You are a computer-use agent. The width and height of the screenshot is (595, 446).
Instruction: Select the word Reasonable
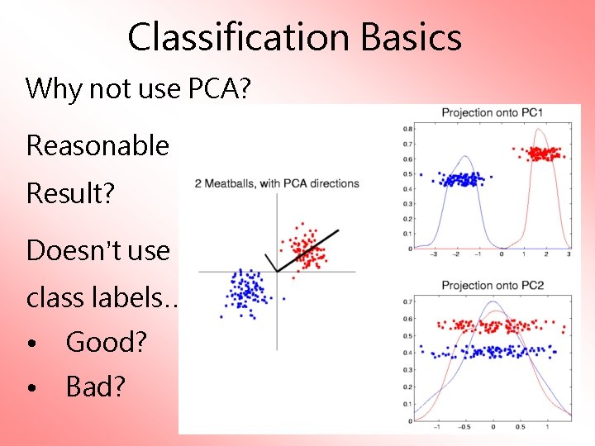(x=98, y=145)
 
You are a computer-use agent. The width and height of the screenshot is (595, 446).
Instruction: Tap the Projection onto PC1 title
(x=492, y=112)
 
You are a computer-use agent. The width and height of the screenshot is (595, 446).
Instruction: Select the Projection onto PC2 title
(x=492, y=286)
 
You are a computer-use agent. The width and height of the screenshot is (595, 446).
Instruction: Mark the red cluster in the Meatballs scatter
(x=303, y=248)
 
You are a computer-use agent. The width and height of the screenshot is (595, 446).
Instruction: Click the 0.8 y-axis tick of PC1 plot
(x=407, y=129)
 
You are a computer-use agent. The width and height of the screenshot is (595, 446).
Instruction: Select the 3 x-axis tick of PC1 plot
(x=569, y=256)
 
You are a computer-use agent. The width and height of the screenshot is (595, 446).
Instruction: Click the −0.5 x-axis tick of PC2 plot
(x=465, y=428)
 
